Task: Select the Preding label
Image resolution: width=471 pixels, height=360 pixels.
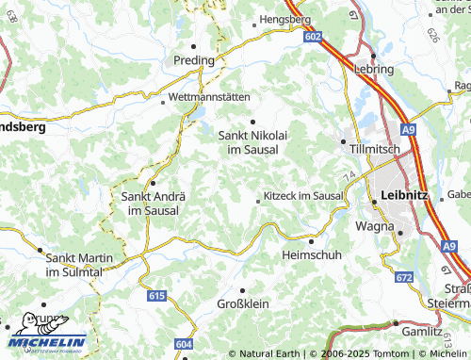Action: click(194, 59)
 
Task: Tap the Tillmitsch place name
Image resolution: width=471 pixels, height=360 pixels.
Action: click(375, 150)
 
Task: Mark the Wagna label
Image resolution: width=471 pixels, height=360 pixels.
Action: click(374, 226)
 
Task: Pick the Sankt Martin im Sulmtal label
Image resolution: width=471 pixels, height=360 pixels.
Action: click(79, 264)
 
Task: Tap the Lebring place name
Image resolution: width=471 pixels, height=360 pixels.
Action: click(374, 69)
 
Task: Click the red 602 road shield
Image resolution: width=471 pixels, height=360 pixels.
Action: click(314, 35)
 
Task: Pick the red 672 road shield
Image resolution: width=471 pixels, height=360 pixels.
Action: click(404, 277)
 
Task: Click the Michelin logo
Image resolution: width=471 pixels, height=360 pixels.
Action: click(47, 335)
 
